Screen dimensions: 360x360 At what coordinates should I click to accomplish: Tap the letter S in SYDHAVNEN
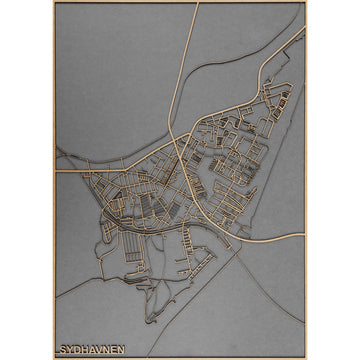coord(63,350)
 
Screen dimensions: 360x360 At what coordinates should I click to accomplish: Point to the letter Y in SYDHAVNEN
coord(69,350)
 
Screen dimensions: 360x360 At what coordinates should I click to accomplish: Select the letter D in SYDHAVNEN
coord(76,350)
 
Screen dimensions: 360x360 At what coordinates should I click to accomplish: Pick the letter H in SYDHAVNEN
coord(83,350)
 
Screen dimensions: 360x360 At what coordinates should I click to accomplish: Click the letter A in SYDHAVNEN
coord(90,350)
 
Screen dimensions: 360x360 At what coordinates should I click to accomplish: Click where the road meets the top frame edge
coord(198,4)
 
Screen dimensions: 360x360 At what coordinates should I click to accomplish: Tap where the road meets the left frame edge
coord(55,170)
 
